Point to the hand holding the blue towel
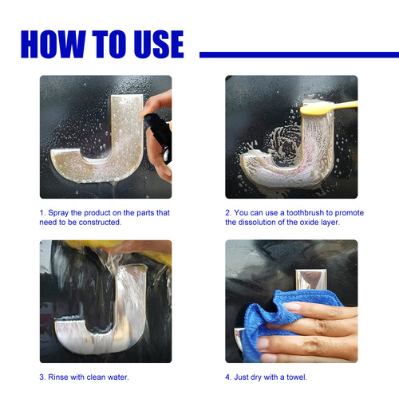[x=319, y=327]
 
